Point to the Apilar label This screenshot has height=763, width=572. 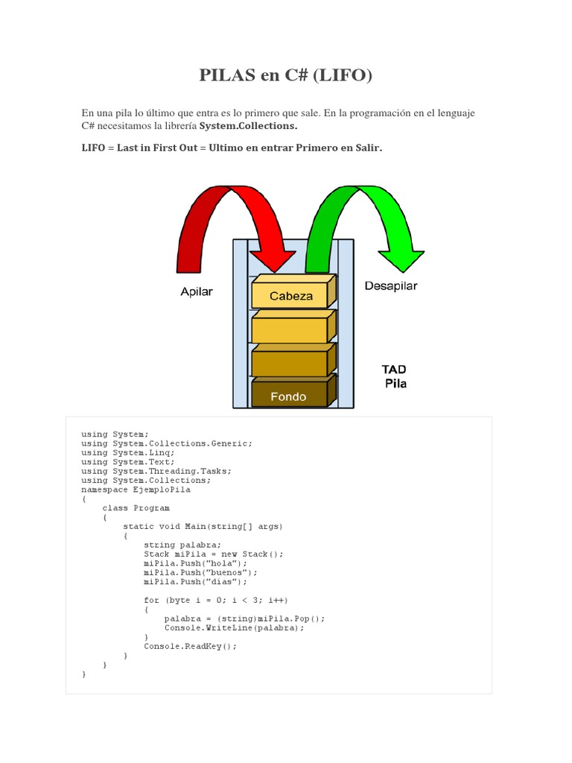[197, 291]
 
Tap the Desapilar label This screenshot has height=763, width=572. [391, 286]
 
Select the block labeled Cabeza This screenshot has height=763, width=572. [291, 295]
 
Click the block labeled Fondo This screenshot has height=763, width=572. [288, 396]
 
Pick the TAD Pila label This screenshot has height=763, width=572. [395, 377]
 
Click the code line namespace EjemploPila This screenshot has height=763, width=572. [136, 490]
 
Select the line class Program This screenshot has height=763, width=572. [136, 508]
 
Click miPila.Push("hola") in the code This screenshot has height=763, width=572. [195, 563]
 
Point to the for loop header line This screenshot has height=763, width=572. [215, 600]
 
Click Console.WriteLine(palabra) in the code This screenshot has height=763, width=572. [234, 627]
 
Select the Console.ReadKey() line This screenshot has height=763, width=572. [190, 646]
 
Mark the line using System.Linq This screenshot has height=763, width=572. [128, 452]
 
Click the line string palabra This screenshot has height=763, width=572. [182, 545]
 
